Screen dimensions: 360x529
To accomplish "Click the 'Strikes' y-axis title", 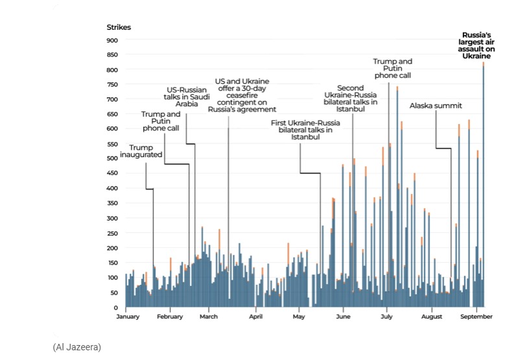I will tap(119, 27).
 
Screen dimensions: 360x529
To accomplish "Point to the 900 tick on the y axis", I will tap(113, 40).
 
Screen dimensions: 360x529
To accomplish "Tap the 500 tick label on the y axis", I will tap(113, 158).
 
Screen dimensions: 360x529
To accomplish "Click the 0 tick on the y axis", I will tap(115, 307).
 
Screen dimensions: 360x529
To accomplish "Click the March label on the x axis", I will tap(209, 317).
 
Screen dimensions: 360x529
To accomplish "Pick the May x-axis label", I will tap(299, 317).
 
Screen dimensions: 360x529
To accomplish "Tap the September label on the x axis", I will tap(476, 317).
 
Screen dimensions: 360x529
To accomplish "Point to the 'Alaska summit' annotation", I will tap(436, 106).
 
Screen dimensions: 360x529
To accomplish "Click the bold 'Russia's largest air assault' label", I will tap(476, 45).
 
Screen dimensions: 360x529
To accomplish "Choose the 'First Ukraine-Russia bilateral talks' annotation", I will tap(301, 130).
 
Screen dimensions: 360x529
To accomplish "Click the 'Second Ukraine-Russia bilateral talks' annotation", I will tap(352, 98).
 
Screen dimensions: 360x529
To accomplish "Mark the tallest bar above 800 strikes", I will tap(483, 188).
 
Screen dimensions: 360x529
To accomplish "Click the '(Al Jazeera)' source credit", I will tap(77, 348).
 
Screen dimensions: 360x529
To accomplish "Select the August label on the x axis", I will tap(431, 317).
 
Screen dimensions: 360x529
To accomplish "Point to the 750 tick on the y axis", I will tap(113, 84).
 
